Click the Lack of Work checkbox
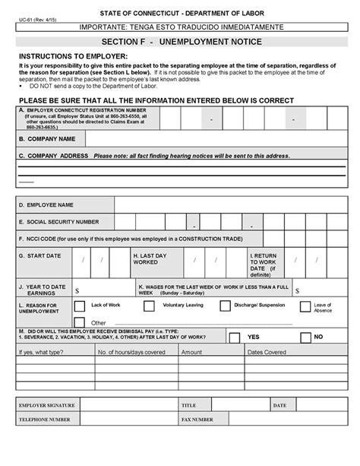pyautogui.click(x=80, y=306)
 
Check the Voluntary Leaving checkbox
pyautogui.click(x=149, y=306)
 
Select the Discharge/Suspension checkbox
pyautogui.click(x=225, y=306)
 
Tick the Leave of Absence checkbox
pyautogui.click(x=305, y=307)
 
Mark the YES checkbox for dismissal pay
pyautogui.click(x=235, y=337)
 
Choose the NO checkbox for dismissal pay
pyautogui.click(x=300, y=337)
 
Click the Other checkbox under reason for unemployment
pyautogui.click(x=80, y=322)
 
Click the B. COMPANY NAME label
pyautogui.click(x=47, y=140)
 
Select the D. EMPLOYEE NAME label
pyautogui.click(x=47, y=205)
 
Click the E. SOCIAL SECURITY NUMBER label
pyautogui.click(x=59, y=222)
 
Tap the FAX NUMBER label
pyautogui.click(x=197, y=419)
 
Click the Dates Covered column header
pyautogui.click(x=267, y=352)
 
